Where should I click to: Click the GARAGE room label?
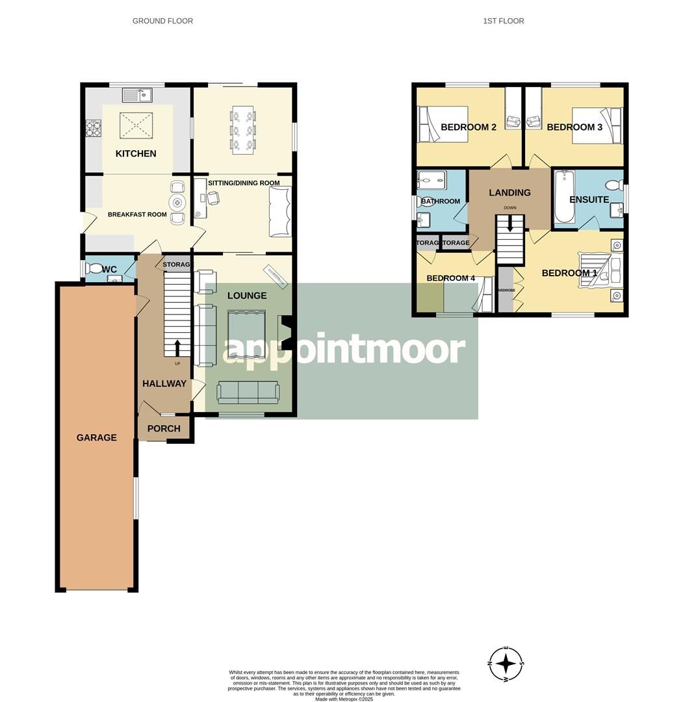pos(97,437)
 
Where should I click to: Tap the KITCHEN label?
pos(136,153)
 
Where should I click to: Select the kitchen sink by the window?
pos(136,95)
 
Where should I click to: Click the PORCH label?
pos(164,428)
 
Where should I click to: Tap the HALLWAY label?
pos(164,383)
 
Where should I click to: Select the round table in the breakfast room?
pos(177,201)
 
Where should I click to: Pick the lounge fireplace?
pos(284,333)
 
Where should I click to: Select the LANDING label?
pos(509,192)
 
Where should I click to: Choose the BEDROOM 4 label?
pos(450,278)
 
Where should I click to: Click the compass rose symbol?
pos(506,664)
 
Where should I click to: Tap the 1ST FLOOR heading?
pos(503,21)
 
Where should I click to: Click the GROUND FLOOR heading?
pos(162,21)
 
